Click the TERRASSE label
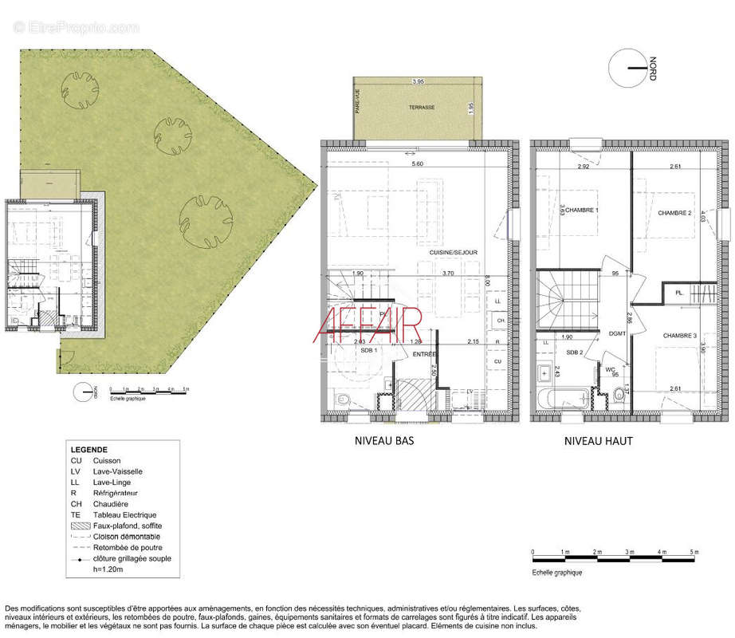[421, 107]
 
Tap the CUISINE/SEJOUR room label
[454, 252]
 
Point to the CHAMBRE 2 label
[674, 213]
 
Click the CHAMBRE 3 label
[679, 336]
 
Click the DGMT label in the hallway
[616, 334]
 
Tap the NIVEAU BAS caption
[383, 440]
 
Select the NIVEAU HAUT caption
[598, 440]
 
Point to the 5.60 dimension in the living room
[417, 163]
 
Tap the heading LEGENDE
[88, 450]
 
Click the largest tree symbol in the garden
[206, 216]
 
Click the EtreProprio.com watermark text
[76, 27]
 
